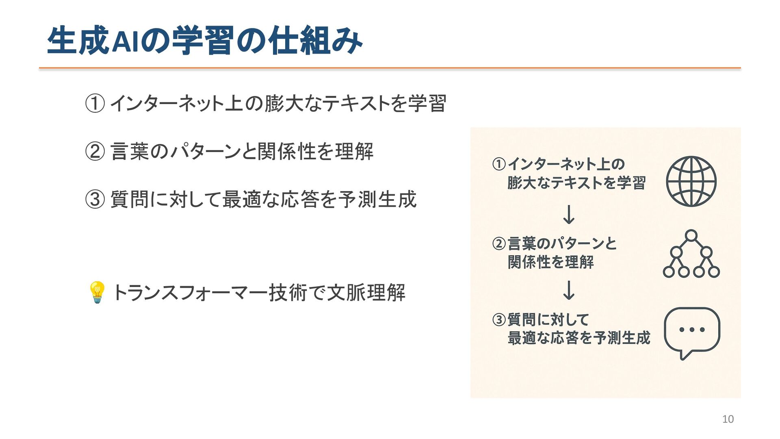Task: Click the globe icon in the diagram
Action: pos(691,181)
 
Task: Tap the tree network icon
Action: pos(691,254)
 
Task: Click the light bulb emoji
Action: pos(97,292)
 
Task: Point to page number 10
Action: pos(728,419)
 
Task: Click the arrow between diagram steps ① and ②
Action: pos(569,214)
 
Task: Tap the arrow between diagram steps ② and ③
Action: pos(569,290)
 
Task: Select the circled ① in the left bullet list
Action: pos(95,103)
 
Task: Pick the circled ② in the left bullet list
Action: pos(95,152)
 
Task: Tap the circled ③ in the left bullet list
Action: pos(95,200)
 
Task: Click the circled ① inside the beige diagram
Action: pos(499,164)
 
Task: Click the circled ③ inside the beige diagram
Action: pos(499,320)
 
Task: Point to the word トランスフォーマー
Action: pos(189,293)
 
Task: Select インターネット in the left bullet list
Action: pos(167,103)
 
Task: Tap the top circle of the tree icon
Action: pos(691,236)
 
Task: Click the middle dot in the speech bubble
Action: pos(692,330)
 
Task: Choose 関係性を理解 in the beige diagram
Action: pos(550,262)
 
